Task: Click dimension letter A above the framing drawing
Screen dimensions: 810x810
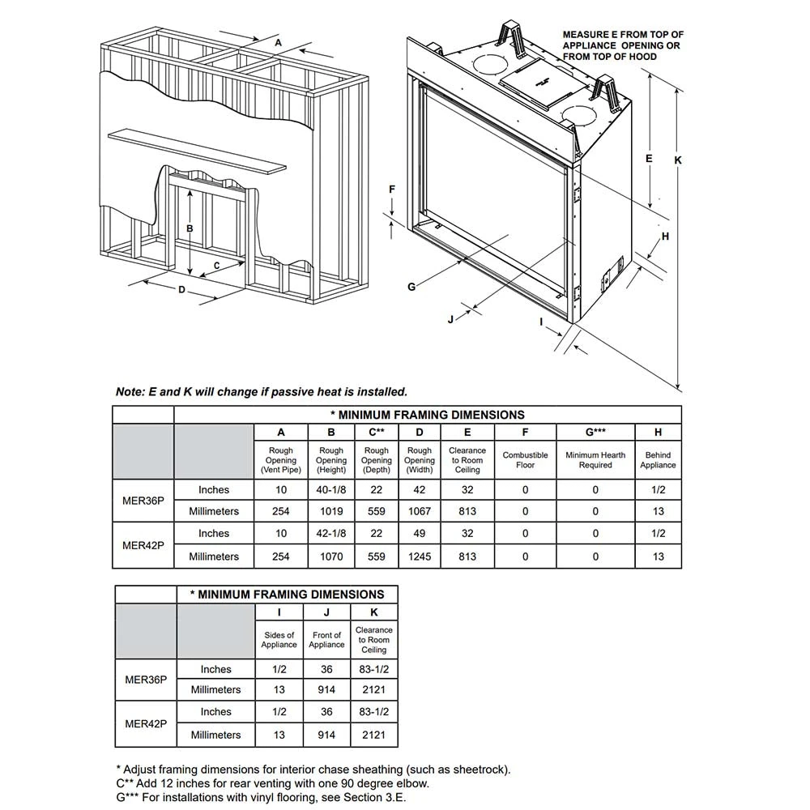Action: pos(278,41)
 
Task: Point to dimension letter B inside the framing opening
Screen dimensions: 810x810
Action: pos(190,228)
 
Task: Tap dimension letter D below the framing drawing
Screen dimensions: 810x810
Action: pos(181,289)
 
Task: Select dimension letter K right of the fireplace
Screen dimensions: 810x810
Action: pos(678,160)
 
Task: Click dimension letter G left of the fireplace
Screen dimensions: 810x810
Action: pos(411,286)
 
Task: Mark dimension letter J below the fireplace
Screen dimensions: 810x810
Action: pos(450,319)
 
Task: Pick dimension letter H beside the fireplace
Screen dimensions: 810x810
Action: pos(665,237)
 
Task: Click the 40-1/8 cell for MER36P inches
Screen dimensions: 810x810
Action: pos(330,490)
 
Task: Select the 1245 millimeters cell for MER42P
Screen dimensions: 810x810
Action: pos(420,556)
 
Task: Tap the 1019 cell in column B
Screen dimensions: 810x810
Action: pos(330,511)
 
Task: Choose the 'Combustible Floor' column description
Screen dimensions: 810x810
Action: pos(525,460)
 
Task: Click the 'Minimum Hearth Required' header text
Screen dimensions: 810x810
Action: pos(595,460)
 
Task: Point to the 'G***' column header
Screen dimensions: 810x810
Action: pos(595,433)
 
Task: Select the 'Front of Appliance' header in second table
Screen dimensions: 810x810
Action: pos(326,640)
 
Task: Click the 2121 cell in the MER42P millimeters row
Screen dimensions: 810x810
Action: pos(373,735)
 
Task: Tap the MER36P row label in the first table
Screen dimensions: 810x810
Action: pos(143,501)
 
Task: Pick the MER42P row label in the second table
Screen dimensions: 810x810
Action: pos(146,723)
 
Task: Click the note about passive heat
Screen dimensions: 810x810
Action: pos(261,392)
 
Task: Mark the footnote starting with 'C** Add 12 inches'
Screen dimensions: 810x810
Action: pos(272,783)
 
